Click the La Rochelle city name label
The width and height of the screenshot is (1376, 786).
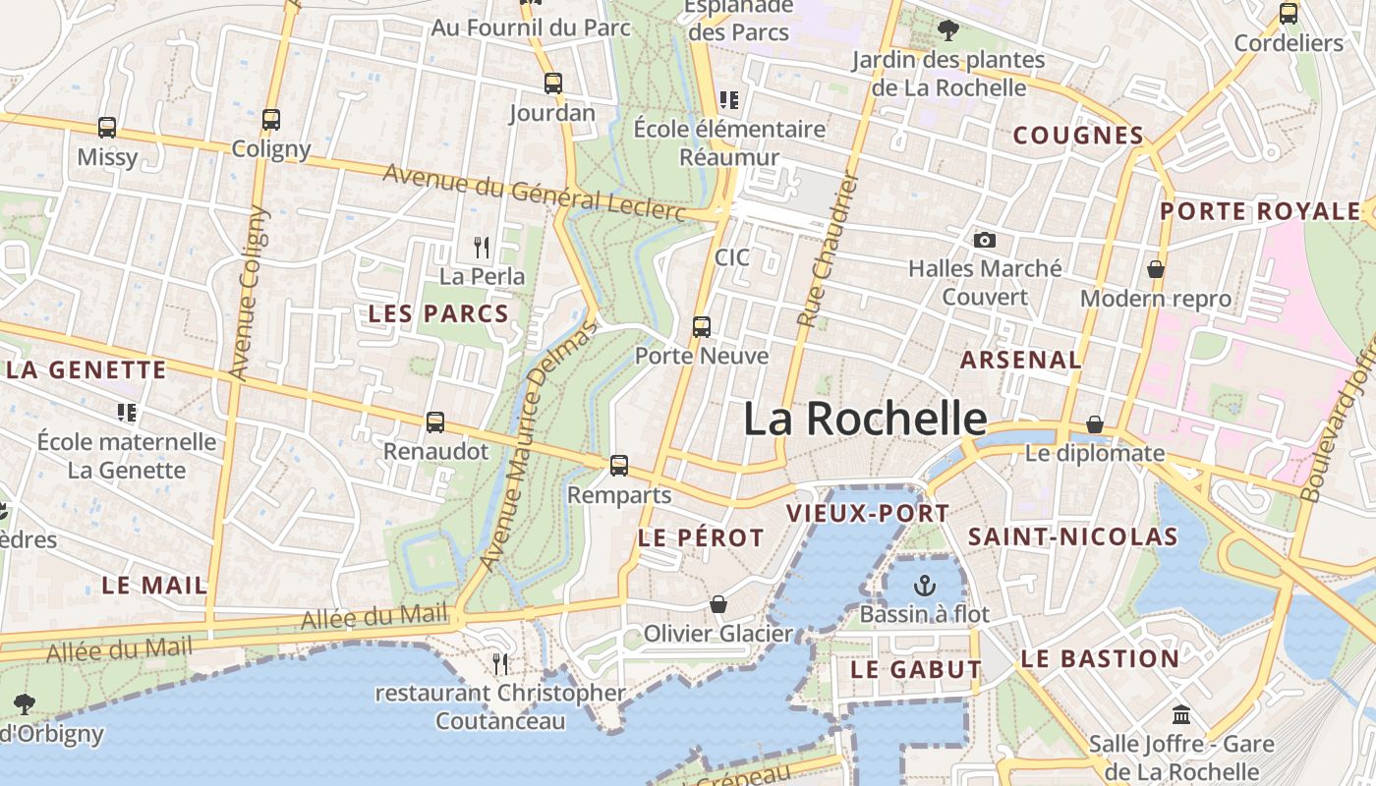pos(865,420)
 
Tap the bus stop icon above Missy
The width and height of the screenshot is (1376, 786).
pos(107,128)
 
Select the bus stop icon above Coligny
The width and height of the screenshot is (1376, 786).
pos(271,120)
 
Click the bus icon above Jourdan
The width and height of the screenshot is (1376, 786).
pos(553,84)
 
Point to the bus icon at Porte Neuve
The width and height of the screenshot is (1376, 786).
pos(702,327)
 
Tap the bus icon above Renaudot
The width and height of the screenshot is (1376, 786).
pos(435,422)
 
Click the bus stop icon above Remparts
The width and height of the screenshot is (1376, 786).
pos(619,466)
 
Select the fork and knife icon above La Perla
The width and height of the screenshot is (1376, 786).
pos(482,247)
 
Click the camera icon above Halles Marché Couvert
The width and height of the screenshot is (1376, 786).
pos(984,240)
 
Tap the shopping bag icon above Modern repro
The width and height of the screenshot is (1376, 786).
pos(1156,268)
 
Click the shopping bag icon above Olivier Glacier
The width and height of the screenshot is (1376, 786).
pos(718,604)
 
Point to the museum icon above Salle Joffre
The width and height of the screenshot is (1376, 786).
pos(1181,715)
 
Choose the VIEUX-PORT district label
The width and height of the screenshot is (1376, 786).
pos(868,513)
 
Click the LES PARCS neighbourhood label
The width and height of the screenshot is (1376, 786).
pos(438,314)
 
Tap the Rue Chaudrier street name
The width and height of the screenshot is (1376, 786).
pos(829,251)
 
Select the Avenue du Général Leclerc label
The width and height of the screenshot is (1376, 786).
pos(534,192)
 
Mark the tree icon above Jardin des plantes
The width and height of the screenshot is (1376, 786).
pos(948,30)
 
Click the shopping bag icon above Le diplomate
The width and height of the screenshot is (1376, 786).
pos(1095,424)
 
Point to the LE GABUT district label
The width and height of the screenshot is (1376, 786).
pos(916,670)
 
